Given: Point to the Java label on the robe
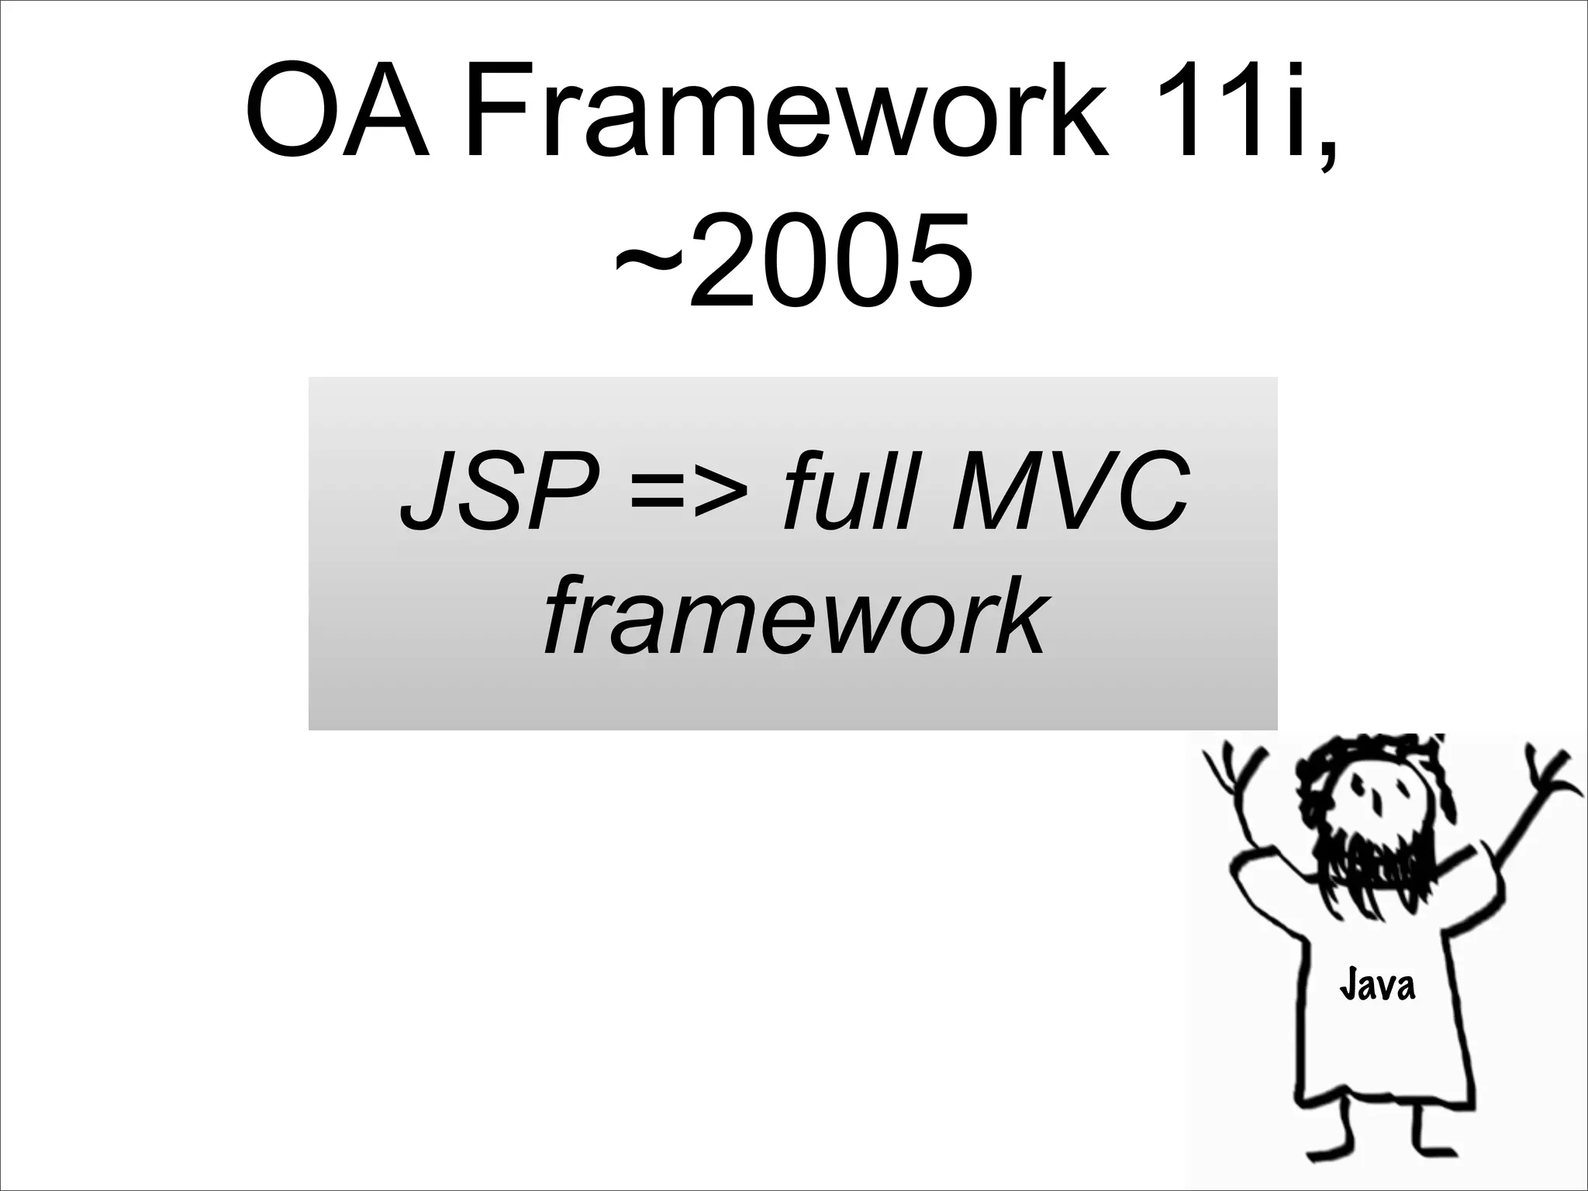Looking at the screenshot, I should point(1377,986).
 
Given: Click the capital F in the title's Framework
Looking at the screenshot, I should point(496,114).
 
